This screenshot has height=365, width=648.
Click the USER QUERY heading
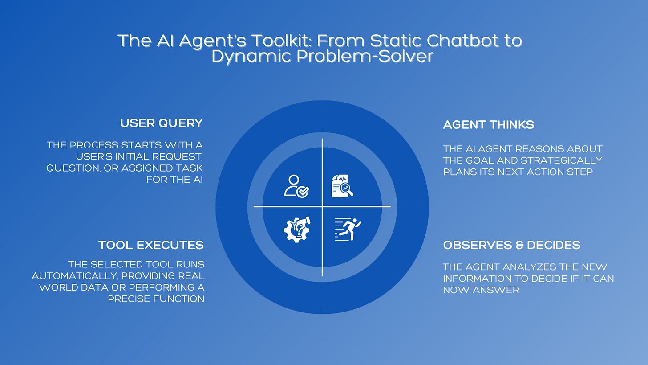(x=161, y=123)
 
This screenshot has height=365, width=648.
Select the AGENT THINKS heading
(x=488, y=125)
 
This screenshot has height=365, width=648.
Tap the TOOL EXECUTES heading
(x=151, y=245)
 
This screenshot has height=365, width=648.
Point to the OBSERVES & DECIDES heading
(x=511, y=245)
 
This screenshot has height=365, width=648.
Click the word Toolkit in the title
(x=233, y=41)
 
